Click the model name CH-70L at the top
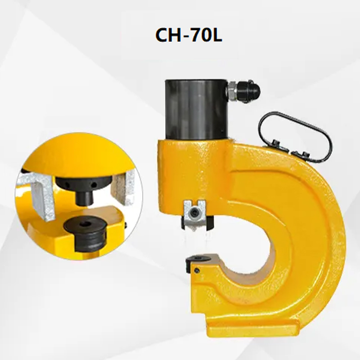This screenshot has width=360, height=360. (x=189, y=36)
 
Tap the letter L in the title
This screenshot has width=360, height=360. (x=217, y=36)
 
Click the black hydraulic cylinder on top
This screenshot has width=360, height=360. (x=197, y=109)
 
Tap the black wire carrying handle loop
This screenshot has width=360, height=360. (x=295, y=136)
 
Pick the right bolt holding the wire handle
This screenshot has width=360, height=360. (x=303, y=154)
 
